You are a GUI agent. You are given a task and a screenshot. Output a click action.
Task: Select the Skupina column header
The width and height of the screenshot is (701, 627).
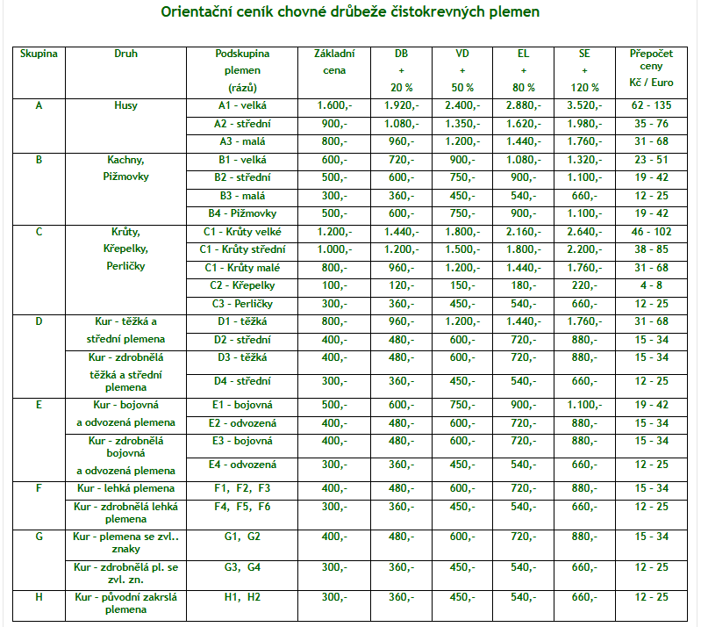pyautogui.click(x=39, y=54)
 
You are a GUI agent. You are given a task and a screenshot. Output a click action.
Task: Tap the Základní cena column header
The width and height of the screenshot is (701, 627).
pyautogui.click(x=333, y=61)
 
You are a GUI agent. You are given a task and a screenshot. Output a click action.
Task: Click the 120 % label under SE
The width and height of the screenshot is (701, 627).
pyautogui.click(x=584, y=88)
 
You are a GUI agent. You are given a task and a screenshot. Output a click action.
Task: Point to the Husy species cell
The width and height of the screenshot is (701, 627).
pyautogui.click(x=125, y=105)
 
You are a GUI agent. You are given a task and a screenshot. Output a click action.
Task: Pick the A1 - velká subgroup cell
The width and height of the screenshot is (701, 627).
pyautogui.click(x=242, y=105)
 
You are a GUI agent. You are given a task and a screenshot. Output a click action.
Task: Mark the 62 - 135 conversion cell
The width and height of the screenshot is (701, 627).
pyautogui.click(x=652, y=105)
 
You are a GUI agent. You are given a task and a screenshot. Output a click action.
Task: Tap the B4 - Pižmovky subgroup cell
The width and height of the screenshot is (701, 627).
pyautogui.click(x=242, y=213)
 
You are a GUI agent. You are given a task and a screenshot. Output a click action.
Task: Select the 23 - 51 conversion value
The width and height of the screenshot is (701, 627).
pyautogui.click(x=652, y=160)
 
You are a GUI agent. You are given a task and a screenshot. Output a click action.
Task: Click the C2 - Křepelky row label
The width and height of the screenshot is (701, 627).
pyautogui.click(x=242, y=285)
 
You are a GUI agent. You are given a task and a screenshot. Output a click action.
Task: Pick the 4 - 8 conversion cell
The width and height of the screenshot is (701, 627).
pyautogui.click(x=652, y=285)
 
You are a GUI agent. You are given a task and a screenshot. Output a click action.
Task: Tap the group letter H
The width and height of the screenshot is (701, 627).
pyautogui.click(x=39, y=597)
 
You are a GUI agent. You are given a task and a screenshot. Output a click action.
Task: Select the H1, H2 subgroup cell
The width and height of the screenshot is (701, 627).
pyautogui.click(x=242, y=597)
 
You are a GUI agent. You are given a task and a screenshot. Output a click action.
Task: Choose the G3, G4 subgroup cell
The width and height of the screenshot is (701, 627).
pyautogui.click(x=242, y=566)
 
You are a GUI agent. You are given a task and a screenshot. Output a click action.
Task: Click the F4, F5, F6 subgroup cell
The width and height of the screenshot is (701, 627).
pyautogui.click(x=242, y=506)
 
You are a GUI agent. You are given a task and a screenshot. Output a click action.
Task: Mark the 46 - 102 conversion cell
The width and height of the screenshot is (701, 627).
pyautogui.click(x=652, y=232)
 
